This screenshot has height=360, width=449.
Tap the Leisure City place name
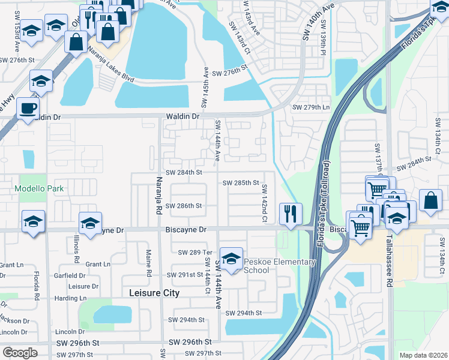pyautogui.click(x=154, y=293)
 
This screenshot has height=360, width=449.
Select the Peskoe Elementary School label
pyautogui.click(x=279, y=266)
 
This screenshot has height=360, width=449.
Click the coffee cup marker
pyautogui.click(x=28, y=109)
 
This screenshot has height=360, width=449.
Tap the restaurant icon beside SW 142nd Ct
pyautogui.click(x=291, y=214)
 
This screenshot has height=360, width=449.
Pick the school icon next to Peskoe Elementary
pyautogui.click(x=231, y=259)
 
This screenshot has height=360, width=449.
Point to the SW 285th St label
pyautogui.click(x=240, y=182)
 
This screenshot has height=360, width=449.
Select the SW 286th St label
pyautogui.click(x=184, y=205)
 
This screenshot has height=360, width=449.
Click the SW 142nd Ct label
pyautogui.click(x=264, y=203)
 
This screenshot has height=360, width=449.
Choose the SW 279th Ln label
pyautogui.click(x=311, y=108)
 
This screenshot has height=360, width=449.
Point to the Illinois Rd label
pyautogui.click(x=77, y=250)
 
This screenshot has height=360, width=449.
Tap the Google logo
pyautogui.click(x=20, y=353)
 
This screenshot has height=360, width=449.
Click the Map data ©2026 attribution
pyautogui.click(x=423, y=355)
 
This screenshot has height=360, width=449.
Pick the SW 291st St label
pyautogui.click(x=186, y=275)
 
